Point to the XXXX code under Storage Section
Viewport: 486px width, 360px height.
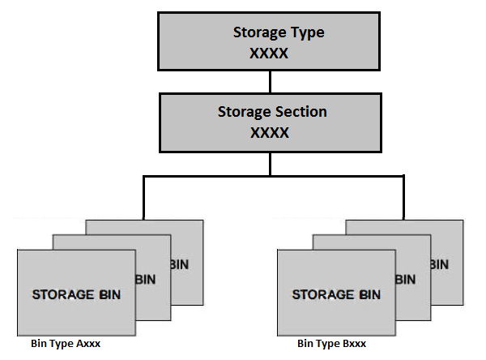tap(270, 131)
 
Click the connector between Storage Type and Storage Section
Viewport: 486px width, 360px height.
tap(270, 81)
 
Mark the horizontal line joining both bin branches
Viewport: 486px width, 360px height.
tap(273, 175)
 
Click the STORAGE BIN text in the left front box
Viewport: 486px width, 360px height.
tap(76, 294)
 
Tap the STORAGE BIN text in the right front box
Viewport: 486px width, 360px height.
tap(336, 294)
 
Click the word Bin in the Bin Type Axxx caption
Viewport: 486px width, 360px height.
tap(38, 344)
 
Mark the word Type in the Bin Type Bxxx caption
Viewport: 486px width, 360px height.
tap(323, 344)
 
